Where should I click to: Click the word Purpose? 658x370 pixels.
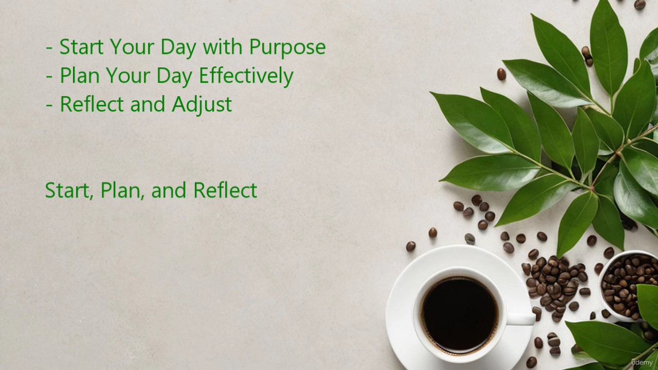coord(287,47)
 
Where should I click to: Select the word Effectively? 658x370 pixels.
coord(246,76)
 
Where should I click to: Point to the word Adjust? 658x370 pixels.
coord(202,104)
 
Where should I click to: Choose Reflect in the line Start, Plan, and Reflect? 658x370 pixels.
coord(225,190)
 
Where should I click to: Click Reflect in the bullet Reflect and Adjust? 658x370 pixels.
coord(92,104)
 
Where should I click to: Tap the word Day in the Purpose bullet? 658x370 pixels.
coord(178,47)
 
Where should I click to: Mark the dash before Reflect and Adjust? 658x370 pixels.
coord(49,105)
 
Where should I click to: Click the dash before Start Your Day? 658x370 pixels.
coord(49,48)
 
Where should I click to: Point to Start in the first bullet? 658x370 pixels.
coord(81,46)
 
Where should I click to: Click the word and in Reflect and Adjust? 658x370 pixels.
coord(148,104)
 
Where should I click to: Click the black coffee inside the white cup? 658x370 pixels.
coord(460,315)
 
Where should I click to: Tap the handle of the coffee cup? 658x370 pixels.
coord(520,319)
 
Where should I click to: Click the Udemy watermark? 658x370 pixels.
coord(642,362)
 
